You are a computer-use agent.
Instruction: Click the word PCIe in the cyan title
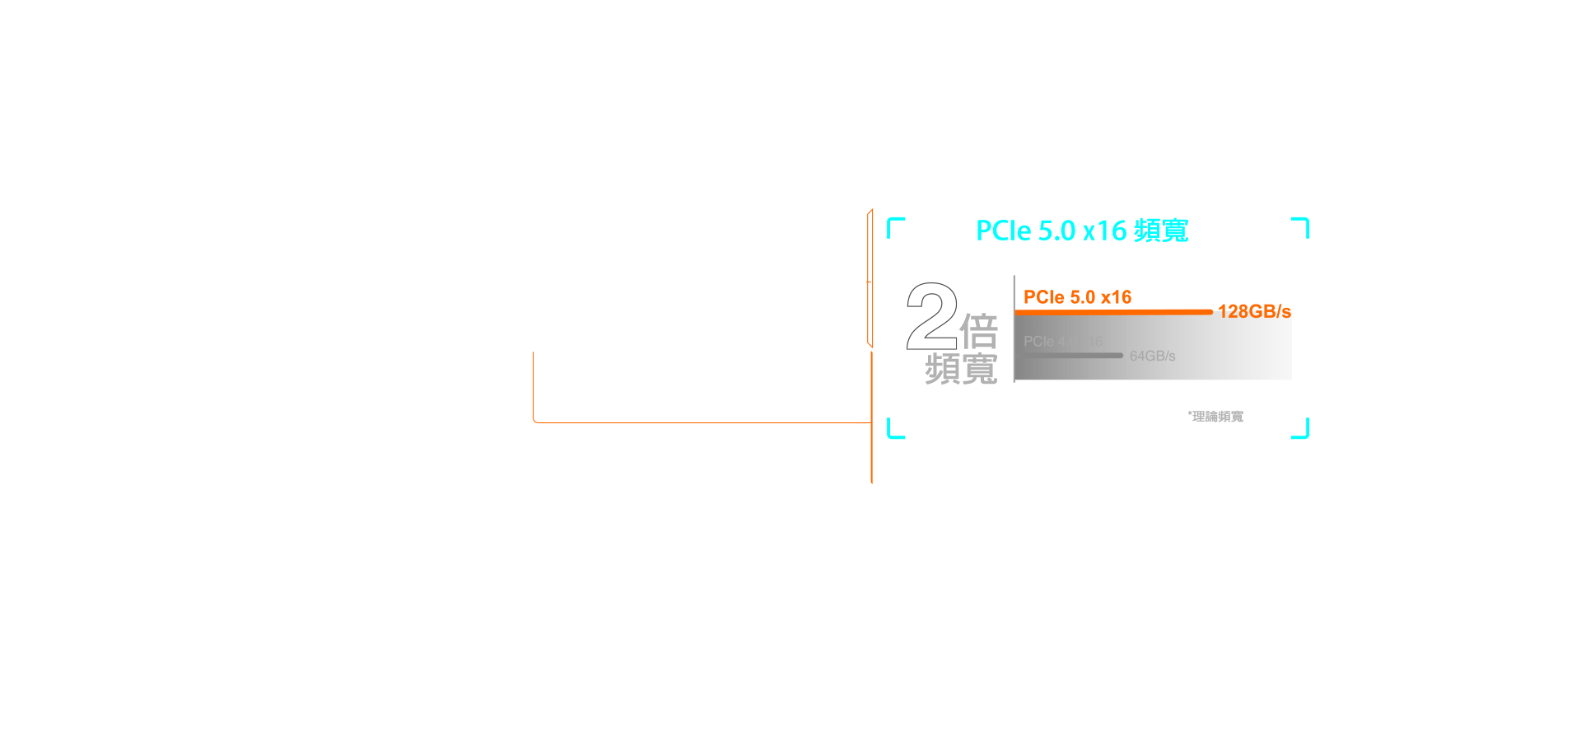[1004, 231]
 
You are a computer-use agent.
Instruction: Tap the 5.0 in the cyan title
[1056, 231]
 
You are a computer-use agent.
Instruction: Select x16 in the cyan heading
[1104, 231]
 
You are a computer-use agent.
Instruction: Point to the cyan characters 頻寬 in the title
[1161, 231]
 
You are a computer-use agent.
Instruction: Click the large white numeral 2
[931, 317]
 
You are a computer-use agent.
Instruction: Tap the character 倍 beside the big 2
[979, 331]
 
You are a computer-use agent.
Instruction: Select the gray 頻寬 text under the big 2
[961, 369]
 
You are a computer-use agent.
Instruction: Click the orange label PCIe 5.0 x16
[1077, 297]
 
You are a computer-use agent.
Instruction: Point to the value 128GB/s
[1254, 311]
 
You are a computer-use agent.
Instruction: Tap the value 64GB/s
[1152, 356]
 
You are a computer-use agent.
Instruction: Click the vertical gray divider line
[1014, 329]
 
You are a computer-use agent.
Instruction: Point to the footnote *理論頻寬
[1216, 417]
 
